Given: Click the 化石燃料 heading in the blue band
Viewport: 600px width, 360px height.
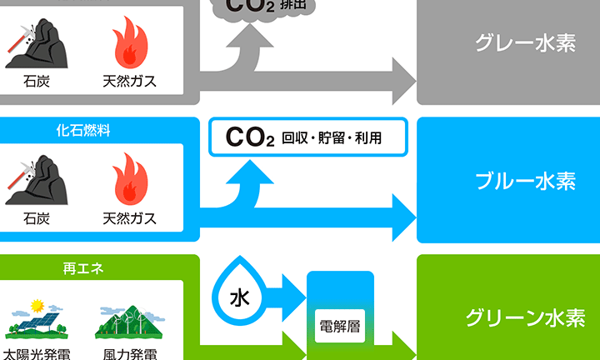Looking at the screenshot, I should click(83, 131).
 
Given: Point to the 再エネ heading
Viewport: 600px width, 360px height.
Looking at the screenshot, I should click(82, 268).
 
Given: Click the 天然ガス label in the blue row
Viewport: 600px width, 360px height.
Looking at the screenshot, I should click(129, 219).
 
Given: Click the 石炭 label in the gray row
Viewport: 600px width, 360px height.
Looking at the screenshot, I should click(37, 82).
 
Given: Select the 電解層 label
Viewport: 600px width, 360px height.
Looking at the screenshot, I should click(340, 326).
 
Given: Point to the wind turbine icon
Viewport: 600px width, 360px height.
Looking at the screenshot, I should click(128, 321).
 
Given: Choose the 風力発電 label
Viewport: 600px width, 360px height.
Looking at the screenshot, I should click(129, 353).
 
